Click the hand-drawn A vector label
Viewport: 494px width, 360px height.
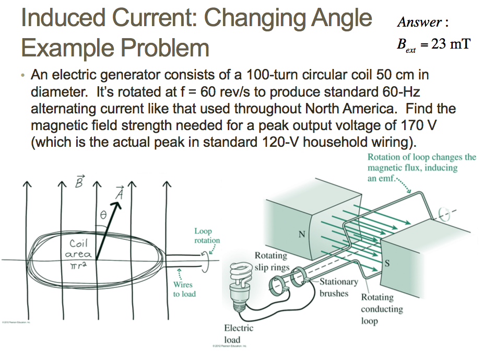[x=119, y=193]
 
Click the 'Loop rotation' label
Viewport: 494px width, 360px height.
[x=206, y=235]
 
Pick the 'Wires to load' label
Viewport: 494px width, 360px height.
[x=184, y=289]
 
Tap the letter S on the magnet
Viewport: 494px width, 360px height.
[x=386, y=263]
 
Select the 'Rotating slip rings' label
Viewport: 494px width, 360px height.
[x=271, y=261]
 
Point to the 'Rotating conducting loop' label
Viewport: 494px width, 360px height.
[x=381, y=309]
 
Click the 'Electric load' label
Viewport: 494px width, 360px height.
[x=238, y=334]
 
